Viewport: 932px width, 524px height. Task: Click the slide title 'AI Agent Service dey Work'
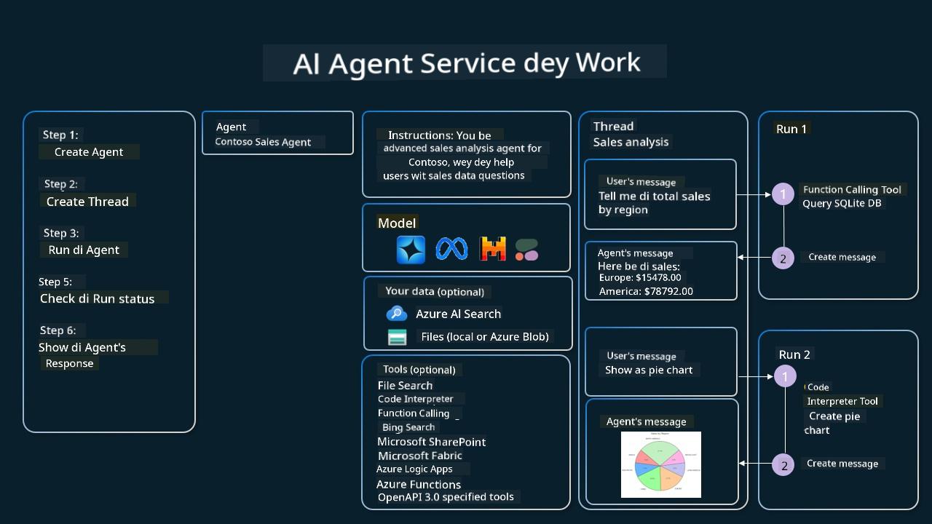click(466, 63)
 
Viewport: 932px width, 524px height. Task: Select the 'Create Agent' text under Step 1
click(89, 152)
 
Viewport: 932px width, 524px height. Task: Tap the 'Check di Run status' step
click(98, 298)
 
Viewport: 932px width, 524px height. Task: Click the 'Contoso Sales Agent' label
click(263, 142)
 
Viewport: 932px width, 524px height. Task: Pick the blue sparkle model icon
click(411, 250)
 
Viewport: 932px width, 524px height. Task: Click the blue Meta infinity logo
click(451, 249)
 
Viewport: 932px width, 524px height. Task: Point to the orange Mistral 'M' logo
click(493, 249)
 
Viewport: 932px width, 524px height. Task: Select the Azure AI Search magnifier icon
click(397, 314)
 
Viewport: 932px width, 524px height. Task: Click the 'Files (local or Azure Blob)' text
click(484, 336)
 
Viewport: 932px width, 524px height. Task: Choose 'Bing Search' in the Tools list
click(408, 427)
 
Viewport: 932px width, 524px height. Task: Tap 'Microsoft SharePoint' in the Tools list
click(431, 442)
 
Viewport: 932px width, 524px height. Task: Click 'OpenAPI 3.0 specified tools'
click(446, 497)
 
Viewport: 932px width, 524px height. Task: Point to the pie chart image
click(661, 464)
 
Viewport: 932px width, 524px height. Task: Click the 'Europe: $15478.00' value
click(640, 277)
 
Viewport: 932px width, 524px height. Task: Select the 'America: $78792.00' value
click(646, 291)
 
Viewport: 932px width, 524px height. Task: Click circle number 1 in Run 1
click(783, 194)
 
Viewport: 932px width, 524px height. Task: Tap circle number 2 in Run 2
click(784, 465)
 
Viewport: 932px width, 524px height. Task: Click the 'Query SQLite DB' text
click(842, 203)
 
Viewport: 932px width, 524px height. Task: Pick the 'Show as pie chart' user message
click(649, 370)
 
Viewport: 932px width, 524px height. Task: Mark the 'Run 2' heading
click(794, 354)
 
